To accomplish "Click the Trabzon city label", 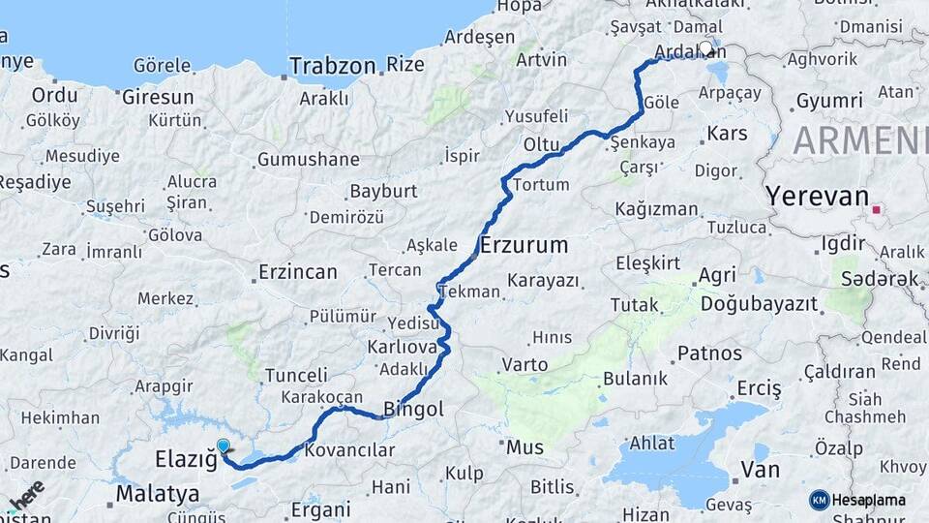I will tap(332, 67).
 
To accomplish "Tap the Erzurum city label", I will tap(524, 244).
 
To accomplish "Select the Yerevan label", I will tap(818, 196).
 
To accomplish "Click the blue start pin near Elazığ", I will tap(224, 447).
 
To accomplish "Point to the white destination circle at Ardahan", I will tap(705, 47).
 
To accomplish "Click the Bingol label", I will tap(413, 410).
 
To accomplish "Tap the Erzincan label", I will tap(298, 272).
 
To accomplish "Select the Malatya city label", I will tap(158, 494).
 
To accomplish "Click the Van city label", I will tap(760, 470).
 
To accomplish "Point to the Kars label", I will tap(728, 133).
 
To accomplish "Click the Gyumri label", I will tap(828, 101).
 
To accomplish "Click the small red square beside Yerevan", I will tap(877, 208).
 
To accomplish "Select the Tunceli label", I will tap(296, 375).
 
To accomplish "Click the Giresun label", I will tap(158, 97).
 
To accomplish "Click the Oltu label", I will tap(542, 143).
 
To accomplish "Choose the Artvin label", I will tap(542, 59).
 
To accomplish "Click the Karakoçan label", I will tap(321, 397).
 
